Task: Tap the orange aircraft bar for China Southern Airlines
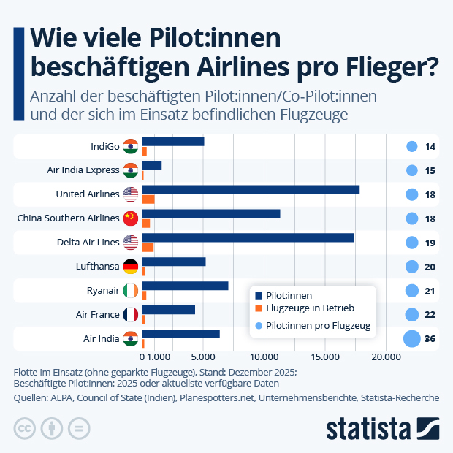tap(145, 223)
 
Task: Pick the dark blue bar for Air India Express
tap(151, 165)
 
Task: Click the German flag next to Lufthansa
tap(131, 267)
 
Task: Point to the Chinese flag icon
tap(131, 218)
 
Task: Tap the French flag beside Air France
tap(131, 315)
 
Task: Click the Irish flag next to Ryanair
tap(131, 291)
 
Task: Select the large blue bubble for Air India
tap(411, 339)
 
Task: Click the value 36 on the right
tap(430, 339)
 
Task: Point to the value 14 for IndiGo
tap(430, 147)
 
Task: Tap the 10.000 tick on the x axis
tap(264, 357)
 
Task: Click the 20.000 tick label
tap(385, 357)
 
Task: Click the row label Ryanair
tap(103, 291)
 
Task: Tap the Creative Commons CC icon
tap(26, 428)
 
